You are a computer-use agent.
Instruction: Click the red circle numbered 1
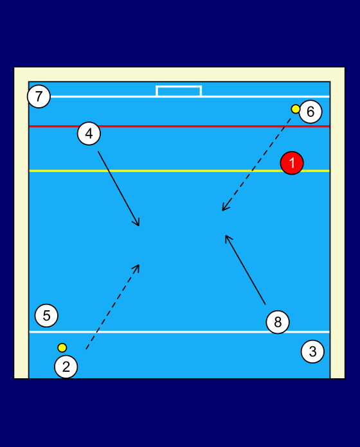(x=292, y=162)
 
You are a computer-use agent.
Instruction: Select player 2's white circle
(x=66, y=367)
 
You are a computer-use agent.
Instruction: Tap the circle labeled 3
(x=312, y=351)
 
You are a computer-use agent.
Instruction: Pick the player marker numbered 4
(x=89, y=134)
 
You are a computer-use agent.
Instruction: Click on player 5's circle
(x=46, y=315)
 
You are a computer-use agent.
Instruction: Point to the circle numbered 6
(x=310, y=112)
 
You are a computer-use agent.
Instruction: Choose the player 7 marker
(x=39, y=96)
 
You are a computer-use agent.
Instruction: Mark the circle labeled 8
(x=278, y=322)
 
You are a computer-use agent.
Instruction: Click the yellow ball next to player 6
(x=296, y=109)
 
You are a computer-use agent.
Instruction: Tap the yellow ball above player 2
(x=62, y=348)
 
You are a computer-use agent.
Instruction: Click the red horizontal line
(x=179, y=126)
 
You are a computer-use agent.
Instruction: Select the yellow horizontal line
(x=179, y=171)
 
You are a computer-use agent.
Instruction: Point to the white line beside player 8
(x=179, y=332)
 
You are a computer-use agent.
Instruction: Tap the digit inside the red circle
(x=292, y=162)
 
